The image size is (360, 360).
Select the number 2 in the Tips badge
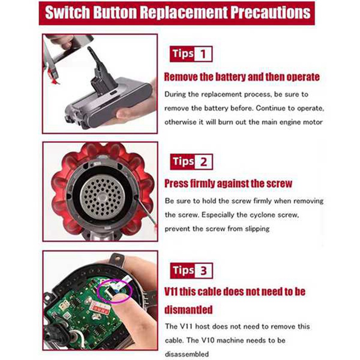[203, 162]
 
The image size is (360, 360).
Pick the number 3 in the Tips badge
[203, 271]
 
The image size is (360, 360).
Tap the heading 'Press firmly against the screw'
[228, 184]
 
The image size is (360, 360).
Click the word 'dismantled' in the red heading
[189, 310]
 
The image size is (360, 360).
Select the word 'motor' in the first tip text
[312, 122]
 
